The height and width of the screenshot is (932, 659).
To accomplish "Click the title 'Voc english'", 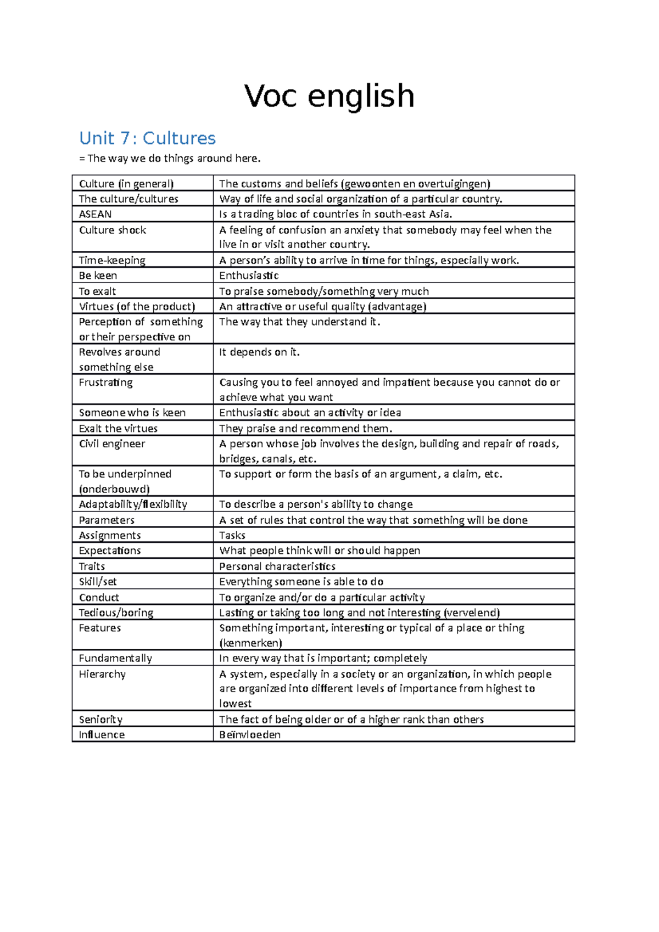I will (329, 96).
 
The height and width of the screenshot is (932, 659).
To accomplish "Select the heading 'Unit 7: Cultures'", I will (147, 138).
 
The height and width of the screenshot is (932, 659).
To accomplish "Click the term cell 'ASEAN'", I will (95, 214).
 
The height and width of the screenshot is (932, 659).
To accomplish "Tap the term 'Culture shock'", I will (113, 230).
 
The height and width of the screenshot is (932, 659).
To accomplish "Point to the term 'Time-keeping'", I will (112, 260).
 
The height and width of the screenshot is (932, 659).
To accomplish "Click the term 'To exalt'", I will (97, 291).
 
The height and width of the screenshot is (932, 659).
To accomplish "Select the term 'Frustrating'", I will (105, 382).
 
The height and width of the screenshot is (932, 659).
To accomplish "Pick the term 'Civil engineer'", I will (112, 443).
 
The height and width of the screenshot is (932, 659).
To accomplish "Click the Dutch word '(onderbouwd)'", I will (114, 489).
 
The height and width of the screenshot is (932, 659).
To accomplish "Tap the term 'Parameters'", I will (107, 520).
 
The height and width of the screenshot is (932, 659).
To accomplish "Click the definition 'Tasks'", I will (232, 535).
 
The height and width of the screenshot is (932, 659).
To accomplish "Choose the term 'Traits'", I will (92, 566).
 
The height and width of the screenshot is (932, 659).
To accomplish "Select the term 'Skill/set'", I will (98, 581).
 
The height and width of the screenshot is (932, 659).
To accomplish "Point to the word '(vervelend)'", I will (472, 613).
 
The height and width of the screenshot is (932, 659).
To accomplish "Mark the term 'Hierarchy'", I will (102, 674).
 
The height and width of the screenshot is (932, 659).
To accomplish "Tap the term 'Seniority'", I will (100, 720).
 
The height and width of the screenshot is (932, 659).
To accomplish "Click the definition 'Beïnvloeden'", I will (250, 734).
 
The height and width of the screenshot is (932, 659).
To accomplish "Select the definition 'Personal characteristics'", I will (277, 566).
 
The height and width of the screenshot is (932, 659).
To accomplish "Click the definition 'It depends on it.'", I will (259, 352).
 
